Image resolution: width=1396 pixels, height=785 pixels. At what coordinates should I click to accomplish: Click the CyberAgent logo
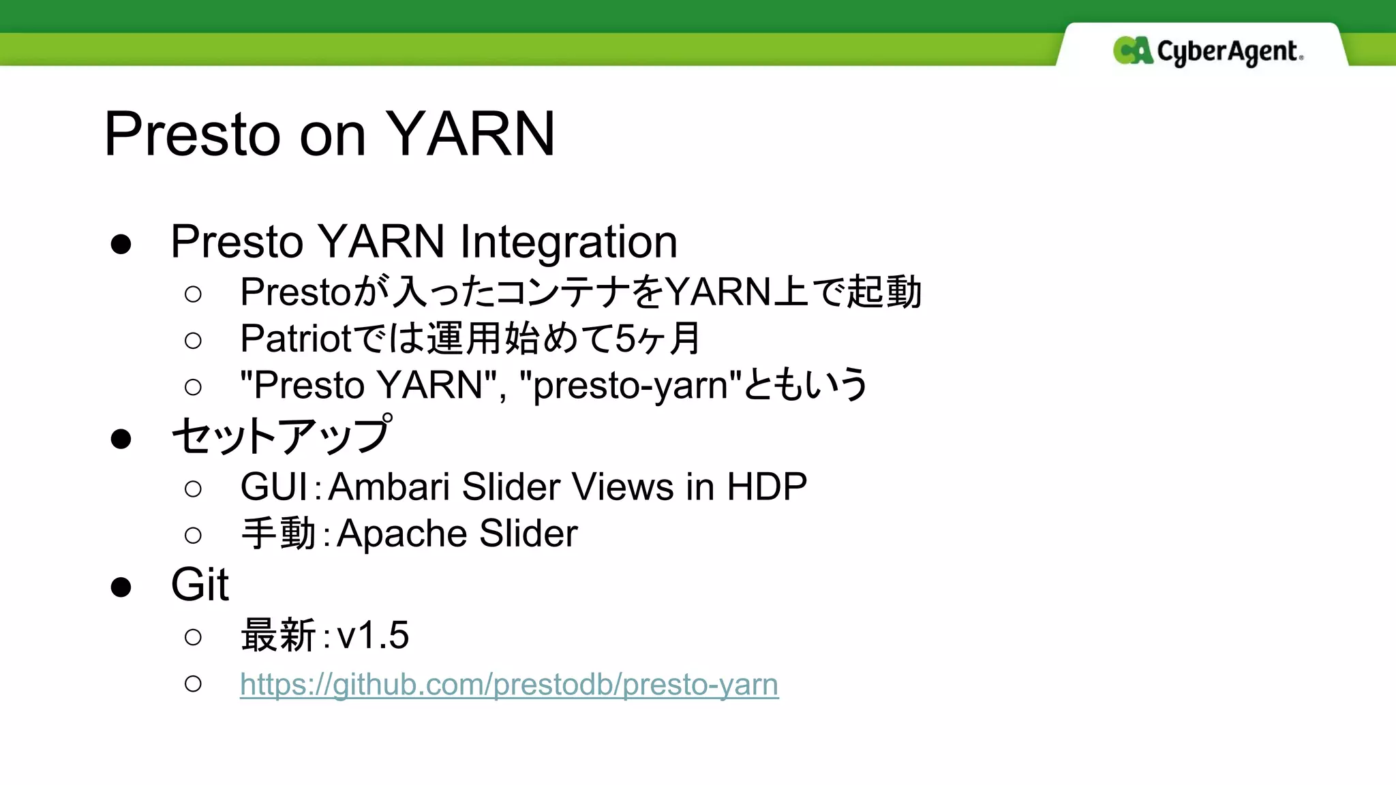coord(1208,51)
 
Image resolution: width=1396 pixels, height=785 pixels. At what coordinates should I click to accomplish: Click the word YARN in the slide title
coord(470,134)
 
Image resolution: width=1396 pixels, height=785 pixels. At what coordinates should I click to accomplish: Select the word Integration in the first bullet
coord(568,242)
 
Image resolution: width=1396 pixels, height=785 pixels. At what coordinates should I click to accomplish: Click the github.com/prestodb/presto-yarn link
coord(509,684)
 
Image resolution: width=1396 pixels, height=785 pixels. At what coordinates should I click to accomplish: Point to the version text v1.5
coord(373,636)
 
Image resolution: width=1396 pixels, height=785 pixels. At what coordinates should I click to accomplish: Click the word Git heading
coord(199,585)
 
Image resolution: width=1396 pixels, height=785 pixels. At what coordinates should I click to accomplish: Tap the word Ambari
coord(389,487)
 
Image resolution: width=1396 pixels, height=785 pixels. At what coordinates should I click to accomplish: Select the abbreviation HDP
coord(767,487)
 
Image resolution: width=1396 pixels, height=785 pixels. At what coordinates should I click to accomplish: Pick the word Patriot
coord(296,339)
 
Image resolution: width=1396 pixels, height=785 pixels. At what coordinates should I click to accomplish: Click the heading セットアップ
coord(281,436)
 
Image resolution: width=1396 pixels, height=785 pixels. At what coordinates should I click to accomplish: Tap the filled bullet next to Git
coord(121,587)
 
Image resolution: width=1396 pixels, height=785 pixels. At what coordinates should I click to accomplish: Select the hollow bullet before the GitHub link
coord(193,683)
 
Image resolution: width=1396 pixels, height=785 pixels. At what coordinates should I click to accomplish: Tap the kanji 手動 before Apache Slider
coord(278,534)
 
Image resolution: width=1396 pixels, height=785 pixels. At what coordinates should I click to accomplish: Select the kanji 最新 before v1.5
coord(278,636)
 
